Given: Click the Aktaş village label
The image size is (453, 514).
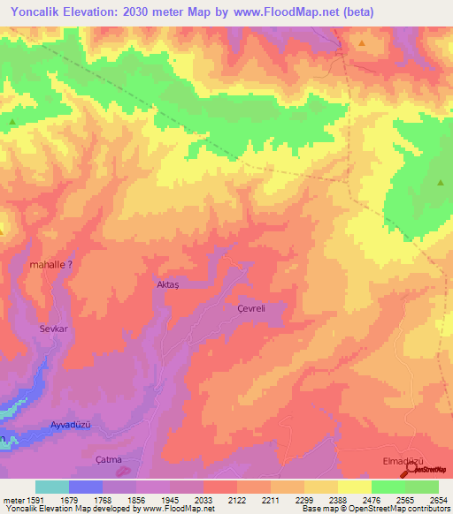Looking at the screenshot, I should (x=167, y=286).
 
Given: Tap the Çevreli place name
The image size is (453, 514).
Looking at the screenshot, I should (x=251, y=307).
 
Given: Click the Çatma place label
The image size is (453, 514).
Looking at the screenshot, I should (x=108, y=458).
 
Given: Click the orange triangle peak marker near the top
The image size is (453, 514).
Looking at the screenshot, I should (x=361, y=42).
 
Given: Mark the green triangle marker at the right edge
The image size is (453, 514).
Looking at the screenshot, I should (x=441, y=183).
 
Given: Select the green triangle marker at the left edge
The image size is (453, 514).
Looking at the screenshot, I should (x=12, y=122).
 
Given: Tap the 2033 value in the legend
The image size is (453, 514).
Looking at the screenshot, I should (x=203, y=500).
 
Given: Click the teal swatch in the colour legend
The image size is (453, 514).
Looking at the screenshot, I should (x=52, y=487).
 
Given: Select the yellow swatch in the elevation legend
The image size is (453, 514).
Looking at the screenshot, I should (x=355, y=487).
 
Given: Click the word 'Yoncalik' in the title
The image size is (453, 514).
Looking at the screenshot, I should (x=38, y=12).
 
